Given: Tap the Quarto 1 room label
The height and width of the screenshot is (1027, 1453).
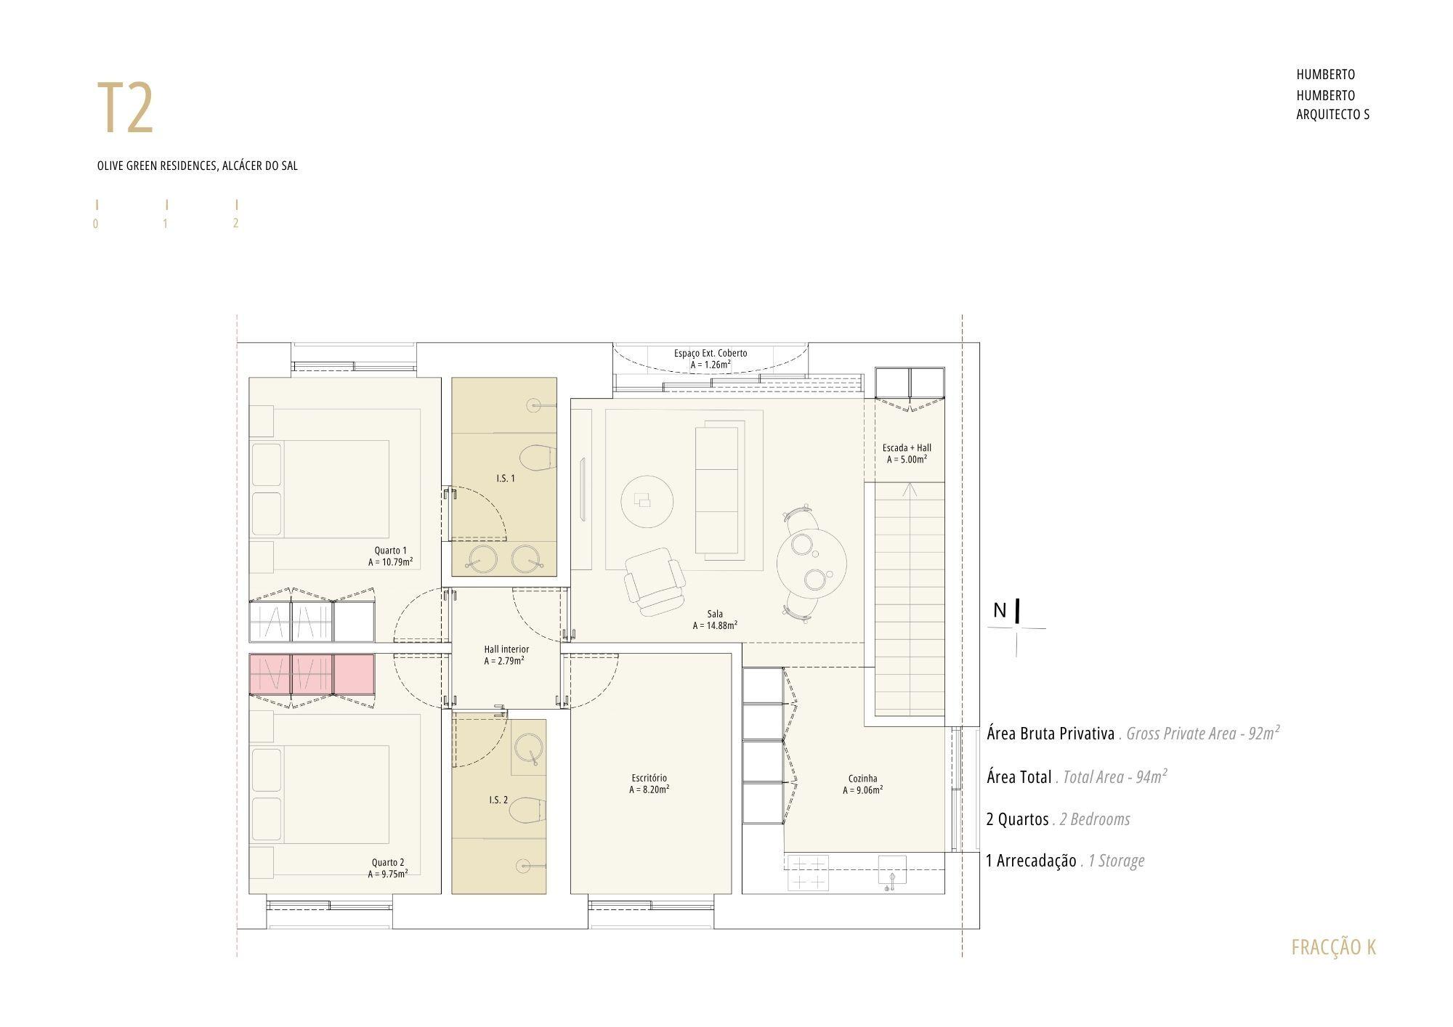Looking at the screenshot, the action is [x=391, y=551].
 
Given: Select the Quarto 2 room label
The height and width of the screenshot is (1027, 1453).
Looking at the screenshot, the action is [x=388, y=863].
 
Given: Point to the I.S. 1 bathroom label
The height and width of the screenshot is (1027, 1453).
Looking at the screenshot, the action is [x=506, y=479].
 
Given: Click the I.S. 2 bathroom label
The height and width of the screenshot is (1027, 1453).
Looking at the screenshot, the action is [x=498, y=800].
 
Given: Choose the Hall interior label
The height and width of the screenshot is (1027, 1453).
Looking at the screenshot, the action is [x=506, y=649].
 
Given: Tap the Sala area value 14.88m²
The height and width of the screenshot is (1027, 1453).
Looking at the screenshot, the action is [x=716, y=625].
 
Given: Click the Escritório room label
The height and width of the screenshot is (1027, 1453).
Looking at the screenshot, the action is [x=649, y=779].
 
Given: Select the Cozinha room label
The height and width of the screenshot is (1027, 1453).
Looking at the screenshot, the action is [x=863, y=779].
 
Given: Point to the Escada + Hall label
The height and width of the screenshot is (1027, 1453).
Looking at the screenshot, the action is [x=907, y=448].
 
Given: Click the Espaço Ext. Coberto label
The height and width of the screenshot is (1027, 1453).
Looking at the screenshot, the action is [x=711, y=354].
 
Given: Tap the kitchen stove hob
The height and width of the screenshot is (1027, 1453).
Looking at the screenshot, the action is [x=808, y=872].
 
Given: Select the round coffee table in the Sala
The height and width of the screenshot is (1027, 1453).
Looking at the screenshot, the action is [x=647, y=501].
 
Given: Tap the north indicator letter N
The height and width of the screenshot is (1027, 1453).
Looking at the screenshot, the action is [x=1000, y=611].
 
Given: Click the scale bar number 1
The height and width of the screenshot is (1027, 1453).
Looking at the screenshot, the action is [x=165, y=224].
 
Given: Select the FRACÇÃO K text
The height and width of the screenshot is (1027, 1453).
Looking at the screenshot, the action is [x=1334, y=947].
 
